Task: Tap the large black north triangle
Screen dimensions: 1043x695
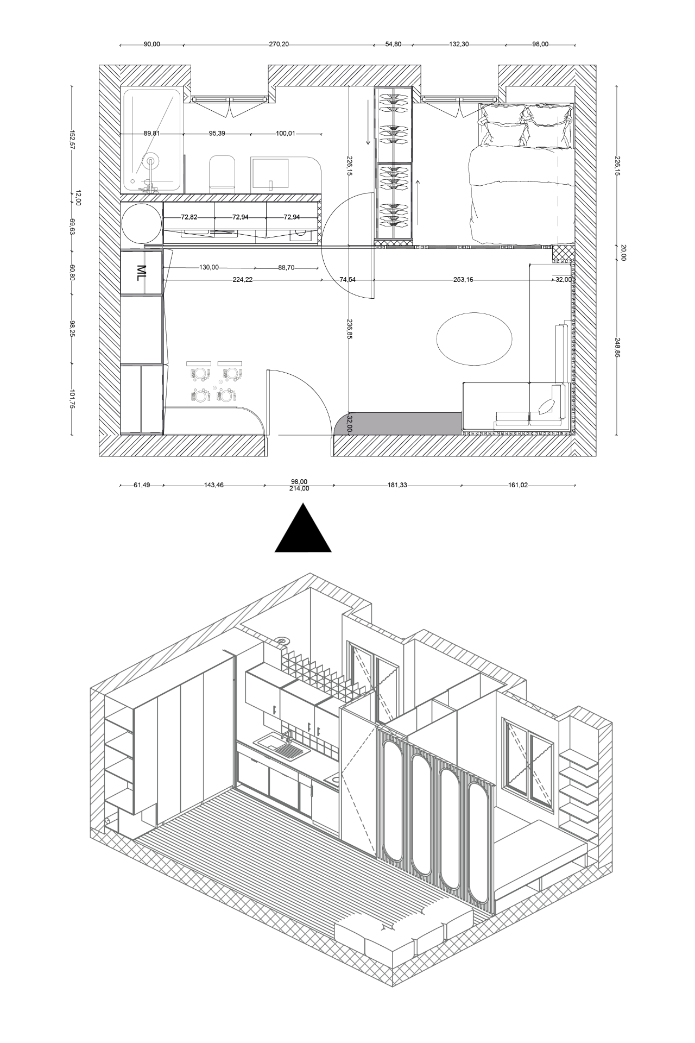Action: pyautogui.click(x=303, y=530)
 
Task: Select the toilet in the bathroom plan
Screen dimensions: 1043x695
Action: pyautogui.click(x=222, y=173)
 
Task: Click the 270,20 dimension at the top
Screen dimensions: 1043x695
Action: pyautogui.click(x=279, y=45)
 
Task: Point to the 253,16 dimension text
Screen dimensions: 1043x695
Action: pyautogui.click(x=465, y=280)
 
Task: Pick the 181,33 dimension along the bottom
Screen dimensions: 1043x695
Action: pyautogui.click(x=396, y=485)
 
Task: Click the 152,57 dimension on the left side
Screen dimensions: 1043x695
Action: pyautogui.click(x=71, y=140)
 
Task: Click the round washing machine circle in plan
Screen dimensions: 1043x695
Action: pyautogui.click(x=141, y=223)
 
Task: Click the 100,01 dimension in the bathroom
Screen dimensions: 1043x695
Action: pyautogui.click(x=286, y=133)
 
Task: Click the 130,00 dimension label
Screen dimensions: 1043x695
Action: pyautogui.click(x=209, y=268)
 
